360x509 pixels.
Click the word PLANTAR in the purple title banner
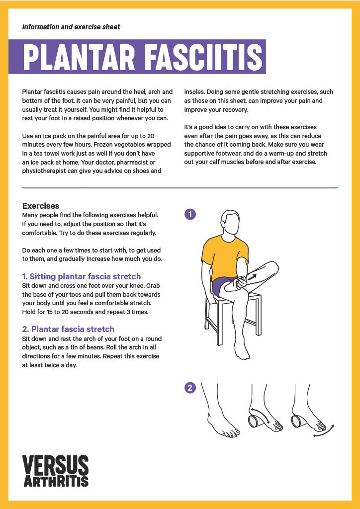point(79,57)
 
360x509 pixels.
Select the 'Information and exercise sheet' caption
point(71,27)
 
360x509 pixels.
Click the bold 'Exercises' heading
point(41,206)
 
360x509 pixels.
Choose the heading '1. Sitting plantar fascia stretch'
point(82,276)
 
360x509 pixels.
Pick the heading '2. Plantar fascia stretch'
point(68,329)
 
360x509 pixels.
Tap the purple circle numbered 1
point(190,215)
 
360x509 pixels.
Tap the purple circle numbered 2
point(190,388)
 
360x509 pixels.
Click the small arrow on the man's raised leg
point(252,277)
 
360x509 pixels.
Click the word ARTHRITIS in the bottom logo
point(56,481)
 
